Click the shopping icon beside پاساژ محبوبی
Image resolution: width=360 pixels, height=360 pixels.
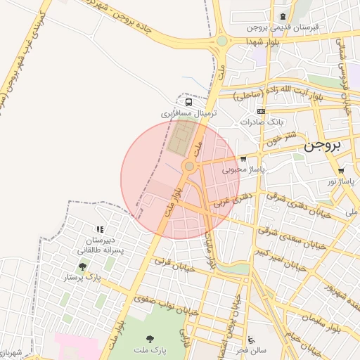(243, 159)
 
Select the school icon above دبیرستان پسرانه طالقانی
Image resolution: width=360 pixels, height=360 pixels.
(99, 229)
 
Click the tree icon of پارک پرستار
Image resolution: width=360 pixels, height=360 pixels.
(83, 266)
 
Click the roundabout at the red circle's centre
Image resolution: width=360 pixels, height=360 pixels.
(189, 166)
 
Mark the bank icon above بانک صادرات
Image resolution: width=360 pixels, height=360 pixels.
(261, 111)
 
